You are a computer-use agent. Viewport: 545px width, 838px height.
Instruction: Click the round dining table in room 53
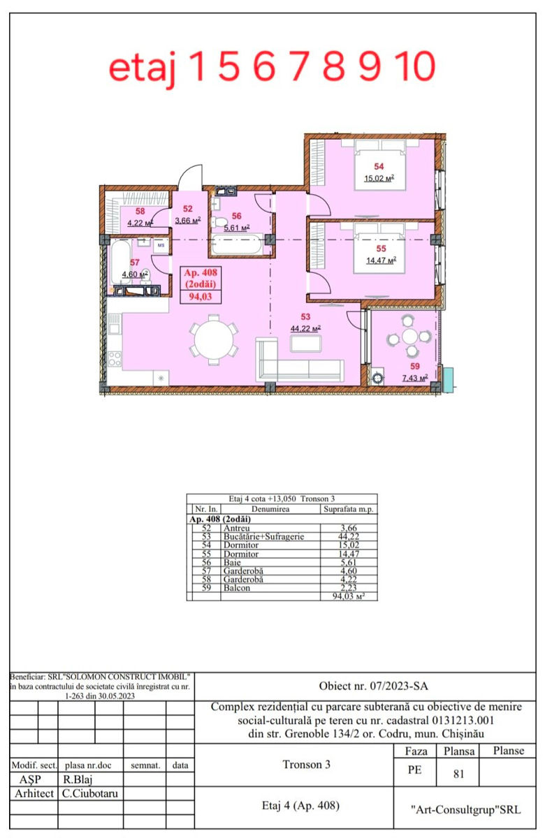click(214, 340)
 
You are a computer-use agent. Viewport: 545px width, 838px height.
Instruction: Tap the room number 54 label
click(379, 166)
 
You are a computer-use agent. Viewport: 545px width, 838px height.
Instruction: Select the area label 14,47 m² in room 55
click(381, 260)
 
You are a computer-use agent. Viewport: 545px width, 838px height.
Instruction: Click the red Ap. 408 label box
click(201, 284)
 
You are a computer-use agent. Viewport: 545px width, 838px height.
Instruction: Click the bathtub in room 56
click(237, 244)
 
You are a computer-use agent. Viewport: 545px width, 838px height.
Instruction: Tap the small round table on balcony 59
click(410, 336)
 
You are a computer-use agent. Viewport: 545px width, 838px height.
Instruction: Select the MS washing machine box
click(161, 245)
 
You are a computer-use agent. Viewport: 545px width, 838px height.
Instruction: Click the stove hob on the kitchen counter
click(114, 359)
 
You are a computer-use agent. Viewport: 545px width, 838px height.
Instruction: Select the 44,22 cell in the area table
click(348, 536)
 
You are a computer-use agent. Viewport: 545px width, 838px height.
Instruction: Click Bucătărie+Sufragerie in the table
click(263, 536)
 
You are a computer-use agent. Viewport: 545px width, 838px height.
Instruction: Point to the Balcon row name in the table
click(237, 588)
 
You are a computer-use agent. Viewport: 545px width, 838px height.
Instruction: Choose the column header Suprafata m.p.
click(349, 509)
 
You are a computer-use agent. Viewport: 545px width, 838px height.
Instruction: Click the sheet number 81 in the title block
click(458, 774)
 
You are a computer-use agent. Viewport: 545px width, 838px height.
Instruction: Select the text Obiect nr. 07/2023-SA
click(373, 686)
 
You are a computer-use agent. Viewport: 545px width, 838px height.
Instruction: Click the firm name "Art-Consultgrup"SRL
click(465, 810)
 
